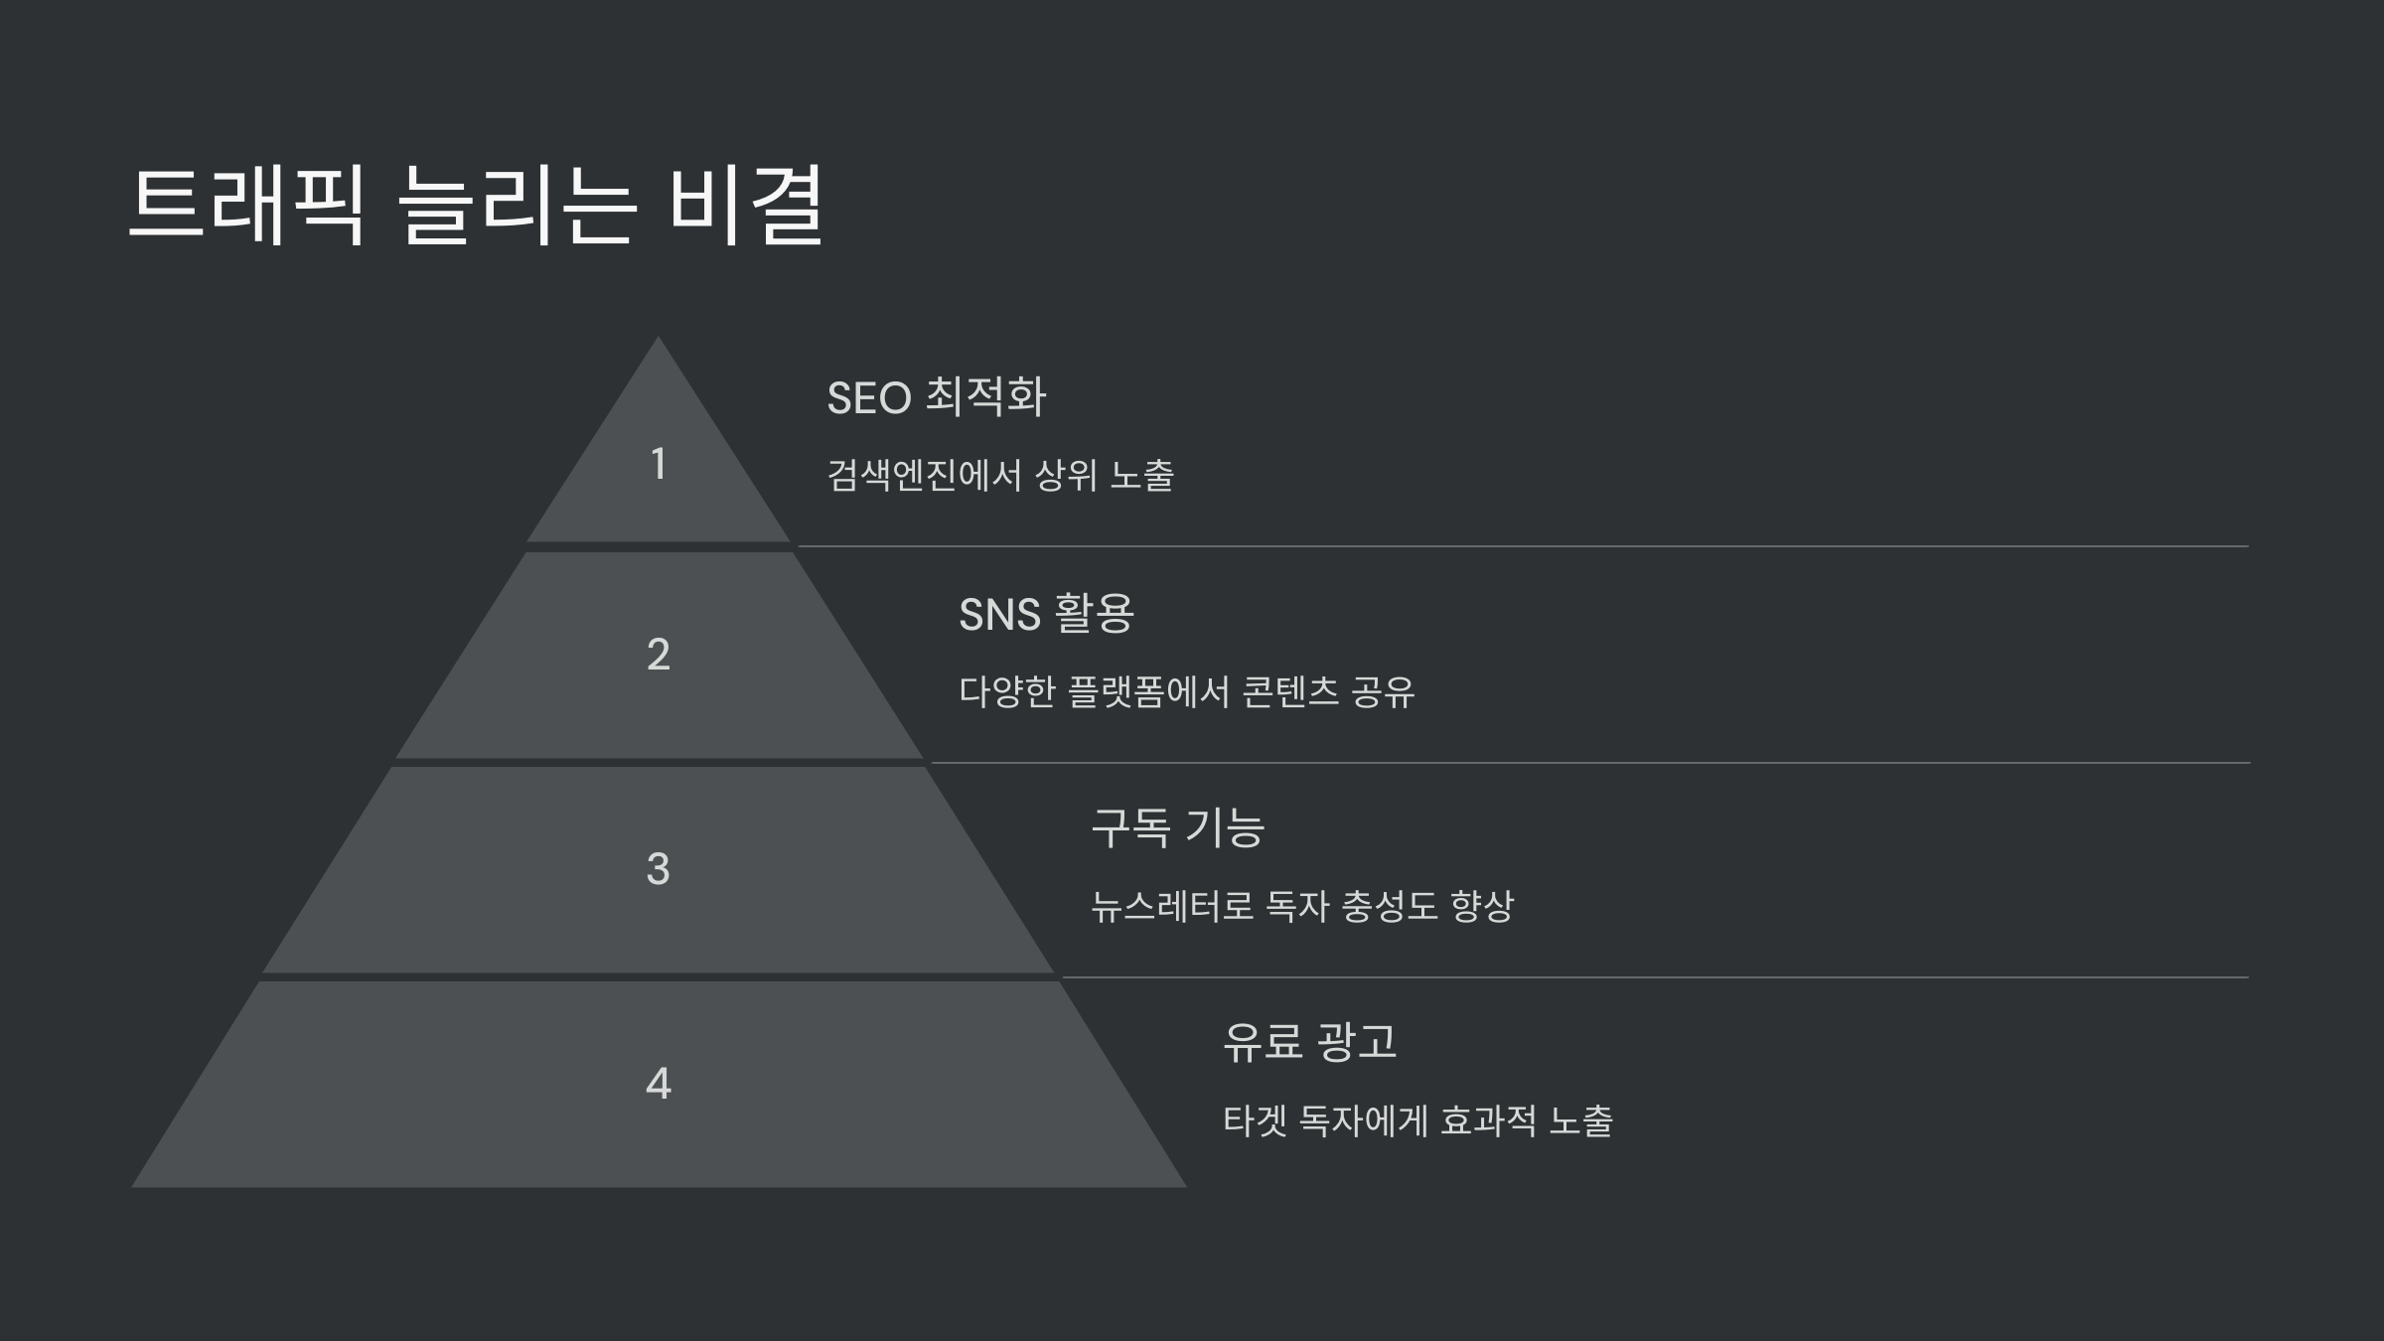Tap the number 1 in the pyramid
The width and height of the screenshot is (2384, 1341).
(658, 464)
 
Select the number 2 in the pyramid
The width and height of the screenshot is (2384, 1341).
(658, 655)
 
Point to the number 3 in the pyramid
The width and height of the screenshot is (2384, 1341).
(658, 869)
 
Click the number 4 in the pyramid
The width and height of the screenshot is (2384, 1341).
(658, 1083)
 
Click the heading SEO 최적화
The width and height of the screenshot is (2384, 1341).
(936, 397)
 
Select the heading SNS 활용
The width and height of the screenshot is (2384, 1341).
(1045, 614)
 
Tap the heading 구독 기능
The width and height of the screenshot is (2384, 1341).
(1177, 828)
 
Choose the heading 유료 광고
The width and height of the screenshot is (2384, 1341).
(1309, 1042)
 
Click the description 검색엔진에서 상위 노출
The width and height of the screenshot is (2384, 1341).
(999, 476)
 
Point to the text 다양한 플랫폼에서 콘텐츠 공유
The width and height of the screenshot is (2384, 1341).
(1186, 692)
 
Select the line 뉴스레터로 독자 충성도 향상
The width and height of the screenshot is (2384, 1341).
(1301, 906)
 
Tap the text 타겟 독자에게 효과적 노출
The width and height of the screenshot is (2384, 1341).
(1417, 1121)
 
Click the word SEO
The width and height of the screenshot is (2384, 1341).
(869, 398)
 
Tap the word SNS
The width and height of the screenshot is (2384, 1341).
(999, 615)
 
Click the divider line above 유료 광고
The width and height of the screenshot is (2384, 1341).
(1654, 977)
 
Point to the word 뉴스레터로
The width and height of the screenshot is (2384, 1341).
(1172, 906)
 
